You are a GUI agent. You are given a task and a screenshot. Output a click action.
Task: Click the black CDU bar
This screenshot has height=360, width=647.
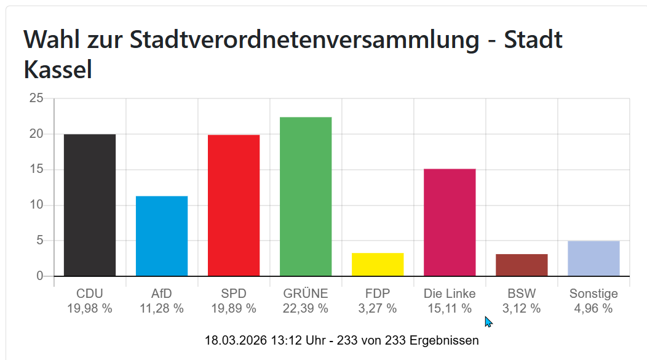click(x=90, y=205)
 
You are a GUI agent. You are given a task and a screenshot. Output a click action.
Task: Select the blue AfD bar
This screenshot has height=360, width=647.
click(x=162, y=236)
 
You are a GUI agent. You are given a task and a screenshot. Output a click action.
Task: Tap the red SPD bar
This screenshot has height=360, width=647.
click(x=234, y=205)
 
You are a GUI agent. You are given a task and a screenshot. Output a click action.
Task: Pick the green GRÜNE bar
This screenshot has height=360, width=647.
click(x=306, y=196)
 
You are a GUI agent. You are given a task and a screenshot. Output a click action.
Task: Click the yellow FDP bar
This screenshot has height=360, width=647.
click(x=378, y=265)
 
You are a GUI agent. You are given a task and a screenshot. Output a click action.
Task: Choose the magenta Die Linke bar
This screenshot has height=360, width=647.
click(x=450, y=222)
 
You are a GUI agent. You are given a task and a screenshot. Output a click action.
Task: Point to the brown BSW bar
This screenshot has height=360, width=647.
click(x=522, y=265)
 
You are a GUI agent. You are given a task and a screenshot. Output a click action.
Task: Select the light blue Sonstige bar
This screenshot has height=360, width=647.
click(x=593, y=258)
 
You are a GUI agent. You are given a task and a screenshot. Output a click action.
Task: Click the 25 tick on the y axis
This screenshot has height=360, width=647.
click(x=36, y=98)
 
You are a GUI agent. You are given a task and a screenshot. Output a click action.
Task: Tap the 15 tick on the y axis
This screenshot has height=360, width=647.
click(x=36, y=170)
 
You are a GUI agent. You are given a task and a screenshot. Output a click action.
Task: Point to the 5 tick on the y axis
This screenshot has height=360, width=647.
click(x=40, y=241)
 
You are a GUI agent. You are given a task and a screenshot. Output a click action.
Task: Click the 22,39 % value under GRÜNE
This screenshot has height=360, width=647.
click(x=306, y=309)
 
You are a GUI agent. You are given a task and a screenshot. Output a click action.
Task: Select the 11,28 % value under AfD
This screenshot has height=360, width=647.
click(x=162, y=309)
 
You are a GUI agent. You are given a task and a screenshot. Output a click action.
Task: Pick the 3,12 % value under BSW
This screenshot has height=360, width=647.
click(x=522, y=309)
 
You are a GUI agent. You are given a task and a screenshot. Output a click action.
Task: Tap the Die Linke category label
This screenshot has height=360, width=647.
click(x=450, y=294)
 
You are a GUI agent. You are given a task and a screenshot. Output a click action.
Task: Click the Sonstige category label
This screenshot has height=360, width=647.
click(x=593, y=294)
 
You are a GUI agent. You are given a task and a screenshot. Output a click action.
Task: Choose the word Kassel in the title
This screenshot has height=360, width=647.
click(x=58, y=70)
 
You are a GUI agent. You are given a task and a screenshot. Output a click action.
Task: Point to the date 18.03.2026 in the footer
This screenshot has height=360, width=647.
click(x=235, y=340)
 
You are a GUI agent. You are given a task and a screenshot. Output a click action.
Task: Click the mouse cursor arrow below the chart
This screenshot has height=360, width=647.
click(x=488, y=321)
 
